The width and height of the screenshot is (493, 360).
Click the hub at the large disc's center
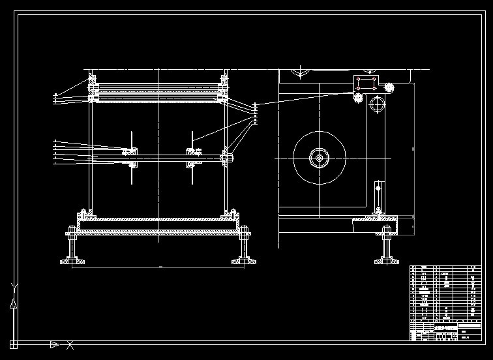pos(320,158)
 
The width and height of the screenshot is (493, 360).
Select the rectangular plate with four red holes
pos(366,83)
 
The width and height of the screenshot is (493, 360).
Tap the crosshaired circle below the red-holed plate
pos(377,104)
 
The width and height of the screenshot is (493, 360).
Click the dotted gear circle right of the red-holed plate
pos(390,87)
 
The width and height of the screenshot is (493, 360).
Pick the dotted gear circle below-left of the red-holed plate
pos(357,98)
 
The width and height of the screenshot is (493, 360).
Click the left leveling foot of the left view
pos(72,247)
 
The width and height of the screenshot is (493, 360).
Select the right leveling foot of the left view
pos(245,247)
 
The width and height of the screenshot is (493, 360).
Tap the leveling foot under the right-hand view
pos(387,247)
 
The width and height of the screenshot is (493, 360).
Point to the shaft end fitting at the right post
pos(226,156)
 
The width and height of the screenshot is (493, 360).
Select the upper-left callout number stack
pos(55,98)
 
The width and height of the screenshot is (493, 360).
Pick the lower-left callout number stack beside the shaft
pos(55,151)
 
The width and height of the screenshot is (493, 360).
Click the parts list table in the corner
pos(446,302)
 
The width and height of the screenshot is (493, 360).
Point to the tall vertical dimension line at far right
pos(415,149)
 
